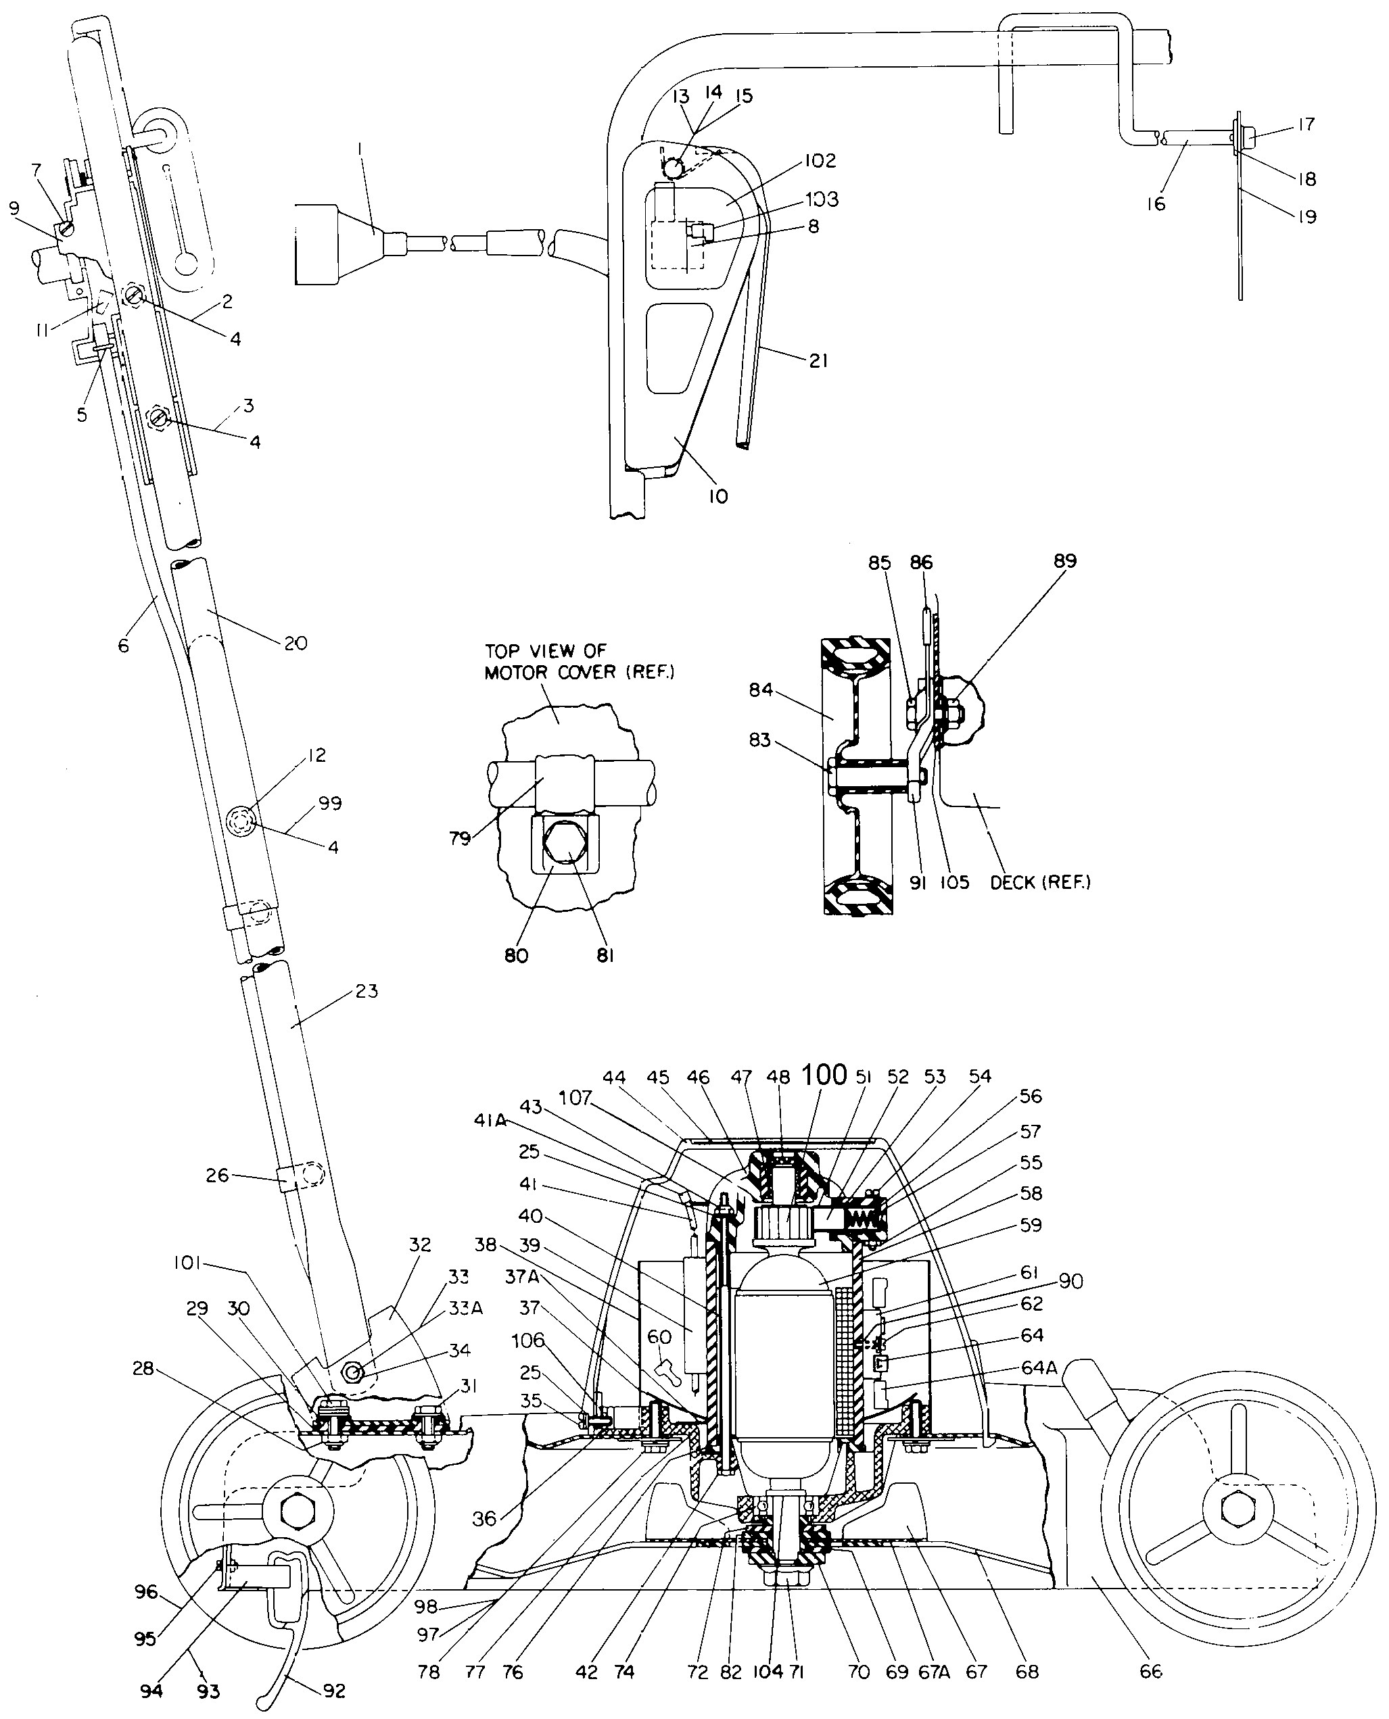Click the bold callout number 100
point(824,1074)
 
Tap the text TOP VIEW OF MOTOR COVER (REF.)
point(580,662)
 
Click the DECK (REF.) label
point(1040,882)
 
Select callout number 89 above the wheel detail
point(1065,561)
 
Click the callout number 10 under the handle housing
point(718,497)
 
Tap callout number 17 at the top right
point(1306,125)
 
